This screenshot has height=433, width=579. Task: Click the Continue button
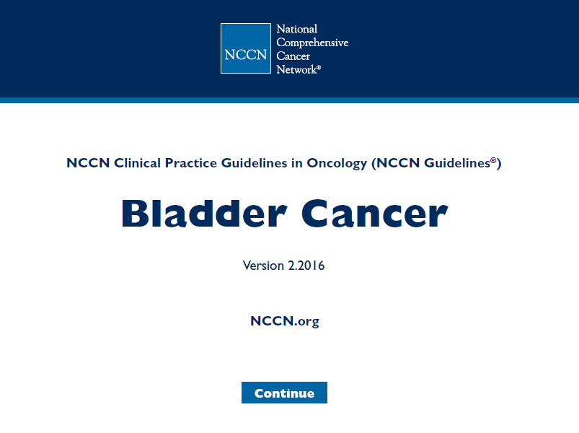(x=284, y=393)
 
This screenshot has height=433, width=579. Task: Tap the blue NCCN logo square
(x=246, y=48)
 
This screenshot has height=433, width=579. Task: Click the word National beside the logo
(x=297, y=29)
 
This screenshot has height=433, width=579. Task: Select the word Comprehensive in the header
(x=312, y=43)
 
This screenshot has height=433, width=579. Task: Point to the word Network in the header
(x=296, y=69)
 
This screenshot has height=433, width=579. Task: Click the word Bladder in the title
(x=204, y=213)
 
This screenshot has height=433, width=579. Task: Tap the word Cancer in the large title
(x=375, y=214)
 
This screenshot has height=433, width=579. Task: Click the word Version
(x=263, y=266)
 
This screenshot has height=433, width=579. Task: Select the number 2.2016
(x=306, y=266)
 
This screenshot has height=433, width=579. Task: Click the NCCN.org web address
(x=285, y=321)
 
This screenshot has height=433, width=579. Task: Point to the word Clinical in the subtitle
(x=138, y=163)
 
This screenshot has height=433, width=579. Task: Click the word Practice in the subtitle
(x=191, y=163)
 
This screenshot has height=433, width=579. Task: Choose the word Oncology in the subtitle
(x=337, y=163)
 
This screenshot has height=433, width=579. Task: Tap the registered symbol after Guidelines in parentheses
(x=493, y=160)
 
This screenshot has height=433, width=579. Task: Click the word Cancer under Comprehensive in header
(x=293, y=56)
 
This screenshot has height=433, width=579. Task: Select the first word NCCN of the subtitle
(x=88, y=163)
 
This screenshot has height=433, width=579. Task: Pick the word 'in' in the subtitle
(x=297, y=163)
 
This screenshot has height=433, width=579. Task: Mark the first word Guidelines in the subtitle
(x=254, y=163)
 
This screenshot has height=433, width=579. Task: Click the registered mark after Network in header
(x=319, y=67)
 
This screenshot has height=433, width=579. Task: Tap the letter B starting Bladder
(x=135, y=214)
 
